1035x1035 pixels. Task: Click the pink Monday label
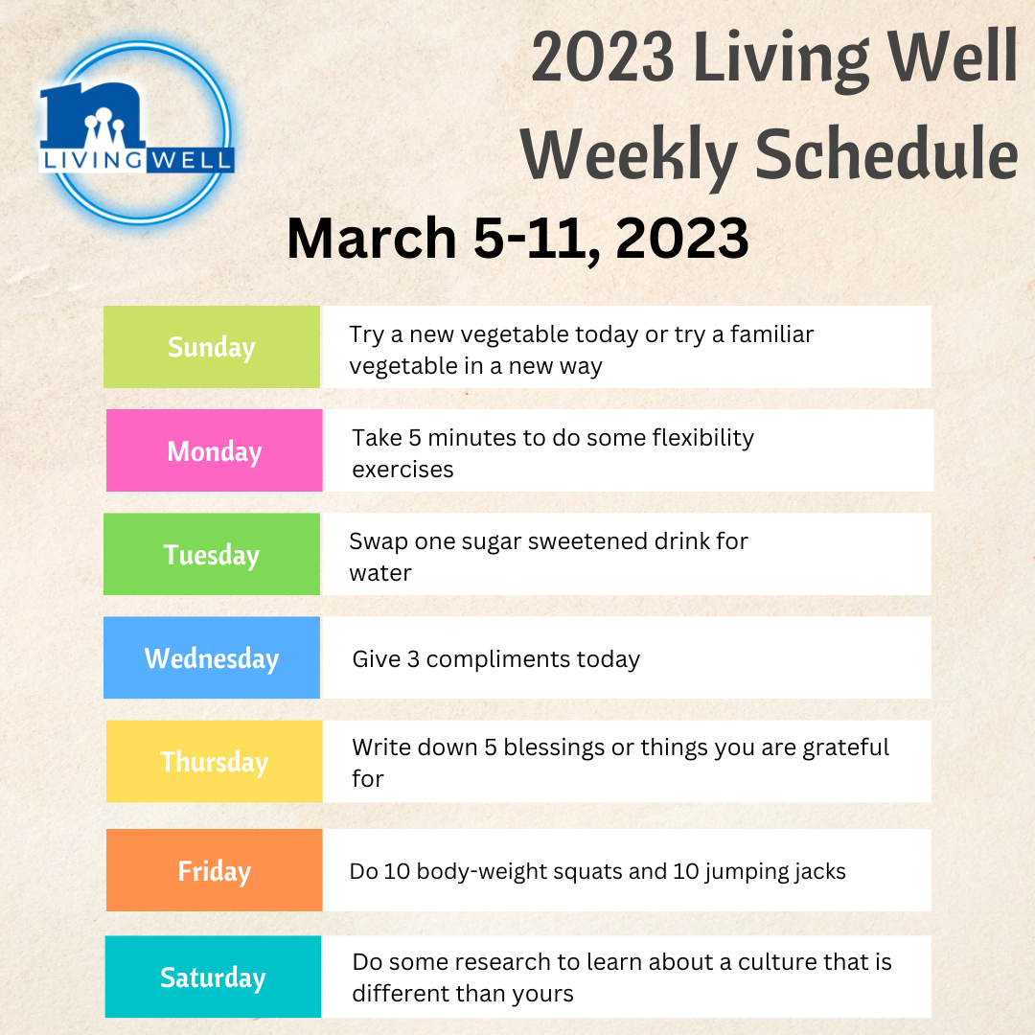[215, 450]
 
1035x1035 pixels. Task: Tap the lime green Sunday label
[212, 347]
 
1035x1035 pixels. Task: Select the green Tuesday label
[212, 554]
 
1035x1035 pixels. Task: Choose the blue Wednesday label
[212, 657]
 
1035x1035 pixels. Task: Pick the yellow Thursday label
[215, 761]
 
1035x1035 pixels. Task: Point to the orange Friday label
[215, 870]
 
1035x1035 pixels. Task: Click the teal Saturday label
[213, 977]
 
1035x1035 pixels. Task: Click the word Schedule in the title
[886, 153]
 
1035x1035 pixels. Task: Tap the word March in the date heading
[372, 238]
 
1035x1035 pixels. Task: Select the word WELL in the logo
[190, 160]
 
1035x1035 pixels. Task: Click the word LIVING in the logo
[92, 160]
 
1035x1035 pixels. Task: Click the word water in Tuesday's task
[380, 573]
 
